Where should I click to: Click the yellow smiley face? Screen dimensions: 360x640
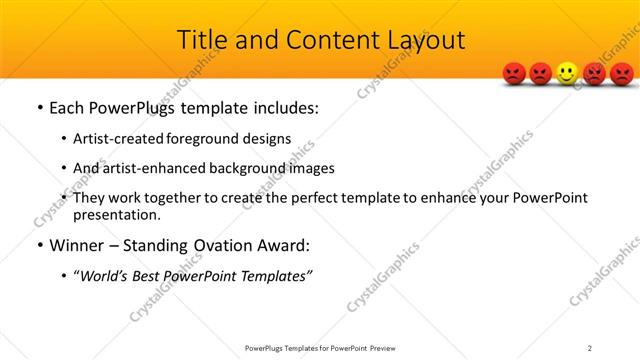(567, 73)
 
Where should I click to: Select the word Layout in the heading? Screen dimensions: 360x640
(424, 41)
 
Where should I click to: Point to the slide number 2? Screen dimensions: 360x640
(590, 348)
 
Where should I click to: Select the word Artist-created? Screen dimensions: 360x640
(115, 138)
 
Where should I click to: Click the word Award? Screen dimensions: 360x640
(285, 245)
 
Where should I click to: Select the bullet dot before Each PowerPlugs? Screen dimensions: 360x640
(39, 108)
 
